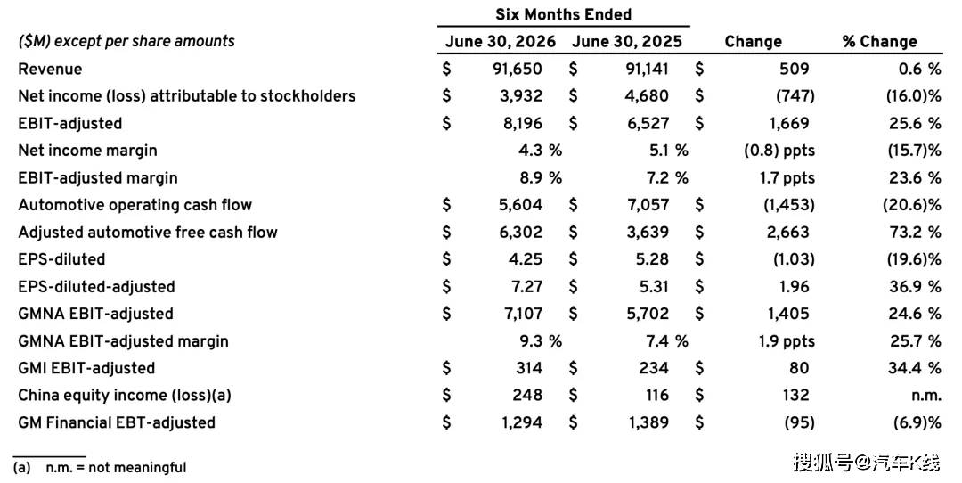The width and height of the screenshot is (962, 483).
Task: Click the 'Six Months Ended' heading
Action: [x=563, y=14]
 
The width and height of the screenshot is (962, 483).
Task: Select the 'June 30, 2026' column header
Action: [x=501, y=42]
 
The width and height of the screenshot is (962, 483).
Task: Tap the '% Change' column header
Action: [x=880, y=42]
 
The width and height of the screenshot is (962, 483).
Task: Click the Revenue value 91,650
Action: [x=518, y=69]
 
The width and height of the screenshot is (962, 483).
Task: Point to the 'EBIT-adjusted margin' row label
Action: [x=98, y=178]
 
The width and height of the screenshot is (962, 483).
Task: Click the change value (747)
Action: [x=795, y=95]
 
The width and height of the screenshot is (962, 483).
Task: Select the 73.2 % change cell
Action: [x=915, y=232]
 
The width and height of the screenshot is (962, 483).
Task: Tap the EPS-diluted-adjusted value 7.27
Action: [x=525, y=287]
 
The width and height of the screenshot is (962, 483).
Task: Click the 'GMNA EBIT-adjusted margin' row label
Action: [x=123, y=341]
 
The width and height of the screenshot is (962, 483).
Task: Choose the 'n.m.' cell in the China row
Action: [x=925, y=396]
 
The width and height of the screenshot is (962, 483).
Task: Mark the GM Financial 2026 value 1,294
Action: [x=520, y=422]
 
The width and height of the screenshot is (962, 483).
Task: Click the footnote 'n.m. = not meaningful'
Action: [x=116, y=468]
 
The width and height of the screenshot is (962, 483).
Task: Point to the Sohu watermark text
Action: [x=867, y=462]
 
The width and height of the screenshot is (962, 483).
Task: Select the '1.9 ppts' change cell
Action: [x=787, y=341]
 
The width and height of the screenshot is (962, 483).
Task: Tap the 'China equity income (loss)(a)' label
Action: [x=125, y=396]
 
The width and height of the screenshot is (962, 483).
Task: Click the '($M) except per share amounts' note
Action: [x=126, y=42]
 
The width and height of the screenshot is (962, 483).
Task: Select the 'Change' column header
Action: [x=753, y=42]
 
